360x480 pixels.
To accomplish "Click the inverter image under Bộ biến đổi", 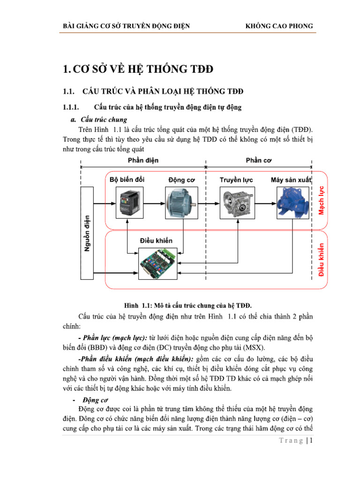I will [x=127, y=203].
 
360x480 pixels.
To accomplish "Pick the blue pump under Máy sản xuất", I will [x=291, y=202].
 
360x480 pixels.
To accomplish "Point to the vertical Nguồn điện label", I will [x=87, y=233].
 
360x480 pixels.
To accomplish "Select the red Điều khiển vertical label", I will [x=321, y=259].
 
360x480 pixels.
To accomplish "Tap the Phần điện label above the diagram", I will [x=143, y=160].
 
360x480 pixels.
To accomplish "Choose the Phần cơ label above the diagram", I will [x=259, y=160].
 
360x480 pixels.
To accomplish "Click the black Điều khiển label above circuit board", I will [x=156, y=240].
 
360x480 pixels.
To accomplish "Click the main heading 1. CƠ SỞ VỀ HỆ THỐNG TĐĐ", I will [x=138, y=70].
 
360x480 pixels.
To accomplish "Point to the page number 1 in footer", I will [x=310, y=441].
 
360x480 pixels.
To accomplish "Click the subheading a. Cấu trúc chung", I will [x=99, y=120].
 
